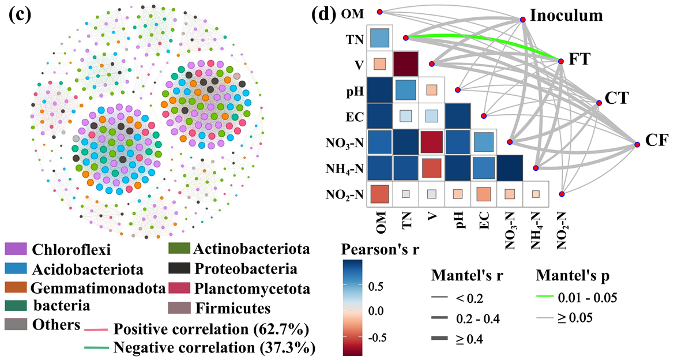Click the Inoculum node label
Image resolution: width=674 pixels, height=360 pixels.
[566, 16]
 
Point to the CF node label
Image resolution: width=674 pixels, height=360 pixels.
[655, 140]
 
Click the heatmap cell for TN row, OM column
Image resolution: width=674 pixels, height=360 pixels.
[380, 38]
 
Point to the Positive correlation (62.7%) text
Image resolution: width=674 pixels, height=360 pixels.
[211, 330]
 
